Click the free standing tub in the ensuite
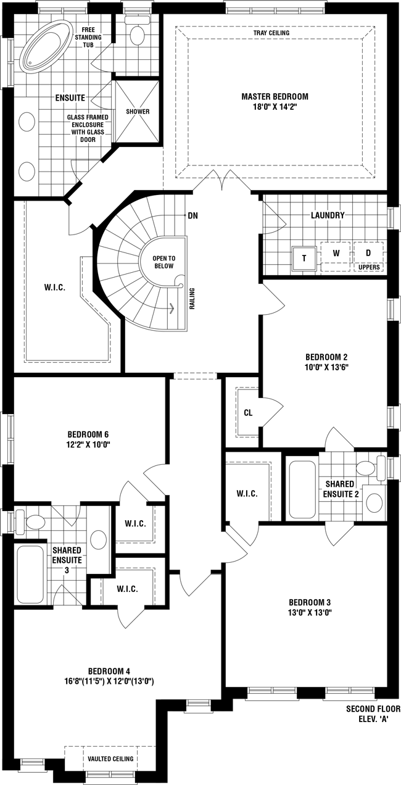pyautogui.click(x=44, y=46)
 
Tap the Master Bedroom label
pyautogui.click(x=275, y=96)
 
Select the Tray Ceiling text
pyautogui.click(x=271, y=33)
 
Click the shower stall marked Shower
pyautogui.click(x=138, y=112)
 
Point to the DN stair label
pyautogui.click(x=193, y=215)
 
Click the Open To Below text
pyautogui.click(x=164, y=262)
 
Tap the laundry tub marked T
pyautogui.click(x=304, y=259)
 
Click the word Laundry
pyautogui.click(x=328, y=215)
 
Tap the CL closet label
pyautogui.click(x=248, y=413)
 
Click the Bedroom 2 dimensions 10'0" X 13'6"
pyautogui.click(x=326, y=367)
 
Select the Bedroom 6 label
pyautogui.click(x=88, y=434)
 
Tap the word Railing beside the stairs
pyautogui.click(x=192, y=299)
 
